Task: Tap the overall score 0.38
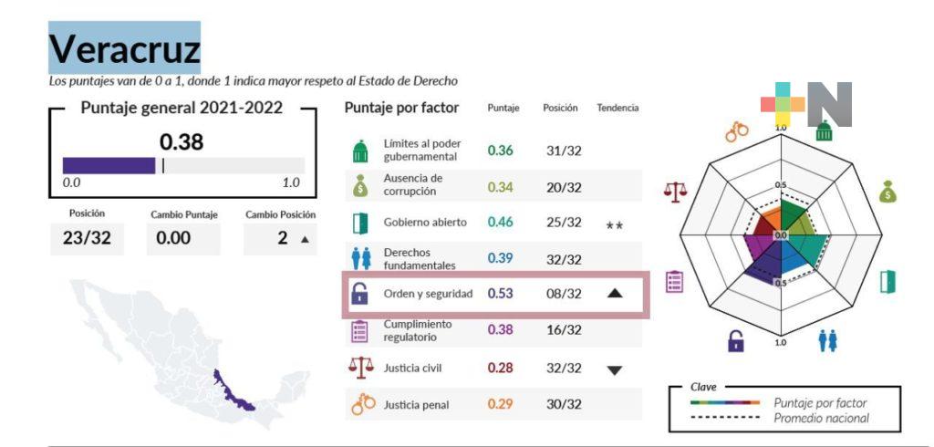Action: tap(182, 142)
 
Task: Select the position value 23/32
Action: tap(87, 239)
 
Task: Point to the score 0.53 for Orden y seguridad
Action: tap(500, 294)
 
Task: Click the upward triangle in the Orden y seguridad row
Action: tap(615, 294)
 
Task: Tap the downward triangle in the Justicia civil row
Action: tap(615, 369)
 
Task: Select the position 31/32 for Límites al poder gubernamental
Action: tap(564, 151)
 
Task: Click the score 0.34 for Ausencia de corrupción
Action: tap(500, 187)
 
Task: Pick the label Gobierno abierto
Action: tap(425, 223)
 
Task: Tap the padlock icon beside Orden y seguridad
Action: tap(359, 294)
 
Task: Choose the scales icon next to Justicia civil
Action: tap(360, 367)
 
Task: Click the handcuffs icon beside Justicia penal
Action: tap(362, 403)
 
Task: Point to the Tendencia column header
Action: tap(617, 108)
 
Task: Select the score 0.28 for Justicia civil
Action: tap(500, 368)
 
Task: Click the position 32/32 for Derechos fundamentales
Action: tap(564, 259)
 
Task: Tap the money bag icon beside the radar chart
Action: tap(887, 192)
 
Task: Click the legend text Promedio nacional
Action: tap(821, 419)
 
